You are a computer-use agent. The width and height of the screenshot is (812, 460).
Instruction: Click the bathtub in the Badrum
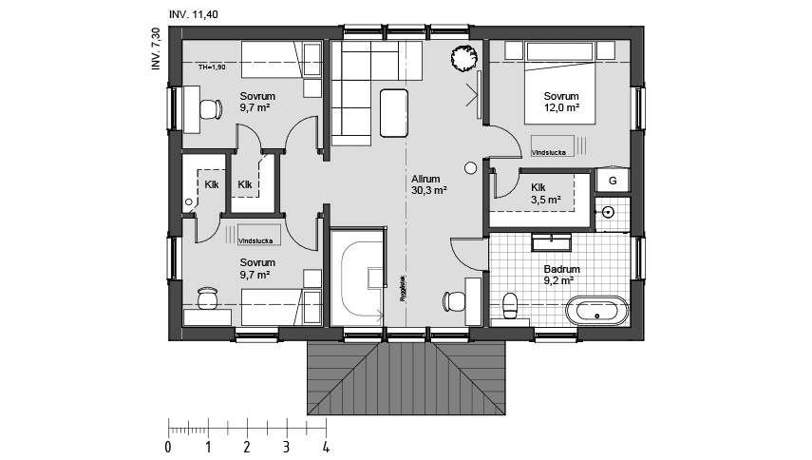596,309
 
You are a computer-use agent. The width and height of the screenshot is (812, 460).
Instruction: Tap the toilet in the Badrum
510,306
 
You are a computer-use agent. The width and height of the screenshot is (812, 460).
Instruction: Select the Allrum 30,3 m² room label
428,183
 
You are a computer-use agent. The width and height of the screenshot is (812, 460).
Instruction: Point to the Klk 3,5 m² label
545,194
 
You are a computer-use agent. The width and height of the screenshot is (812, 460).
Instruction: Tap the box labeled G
613,181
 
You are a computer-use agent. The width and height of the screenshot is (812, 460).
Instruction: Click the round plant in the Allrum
464,58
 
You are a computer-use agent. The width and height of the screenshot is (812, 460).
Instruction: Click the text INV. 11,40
193,13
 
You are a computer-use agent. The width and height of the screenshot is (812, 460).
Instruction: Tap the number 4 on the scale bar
326,446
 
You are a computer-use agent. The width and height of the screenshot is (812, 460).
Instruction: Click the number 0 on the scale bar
168,446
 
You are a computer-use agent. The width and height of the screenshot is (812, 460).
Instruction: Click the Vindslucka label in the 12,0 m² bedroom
550,150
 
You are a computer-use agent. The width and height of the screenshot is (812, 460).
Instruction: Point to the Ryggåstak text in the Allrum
403,287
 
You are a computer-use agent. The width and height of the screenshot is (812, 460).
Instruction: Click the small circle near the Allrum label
470,168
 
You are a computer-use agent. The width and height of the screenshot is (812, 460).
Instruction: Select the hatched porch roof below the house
406,378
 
